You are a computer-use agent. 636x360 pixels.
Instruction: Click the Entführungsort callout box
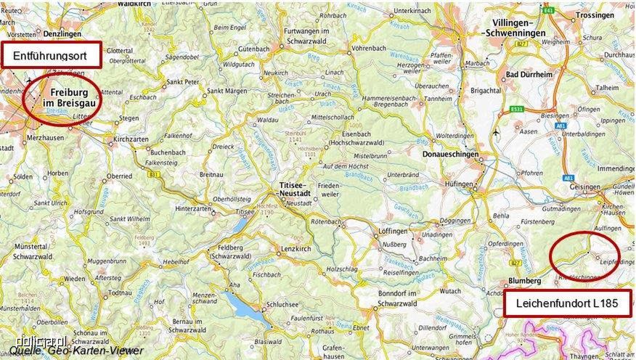pos(50,55)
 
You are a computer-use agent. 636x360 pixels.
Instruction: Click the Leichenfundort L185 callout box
pos(568,303)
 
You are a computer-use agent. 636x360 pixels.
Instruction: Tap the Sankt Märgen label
pos(225,91)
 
